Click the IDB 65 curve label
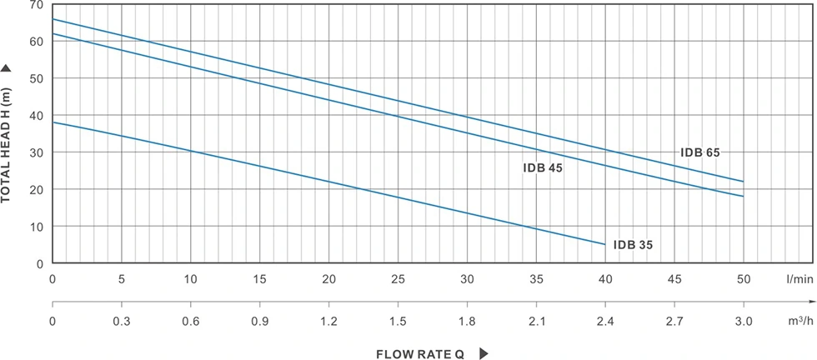click(x=699, y=152)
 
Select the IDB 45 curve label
click(x=542, y=167)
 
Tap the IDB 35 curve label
click(x=633, y=245)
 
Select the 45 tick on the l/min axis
click(x=674, y=279)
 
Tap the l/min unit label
click(x=796, y=279)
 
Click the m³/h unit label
click(x=796, y=320)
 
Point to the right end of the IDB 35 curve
click(x=604, y=244)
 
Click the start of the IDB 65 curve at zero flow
click(x=53, y=18)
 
